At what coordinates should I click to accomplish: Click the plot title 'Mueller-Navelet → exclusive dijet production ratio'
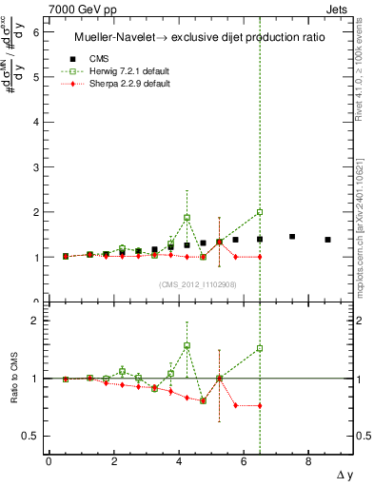click(195, 37)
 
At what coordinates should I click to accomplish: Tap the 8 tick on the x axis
click(308, 462)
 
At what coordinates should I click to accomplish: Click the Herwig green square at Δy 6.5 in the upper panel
click(260, 212)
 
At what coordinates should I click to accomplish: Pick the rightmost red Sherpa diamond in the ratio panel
click(260, 405)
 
